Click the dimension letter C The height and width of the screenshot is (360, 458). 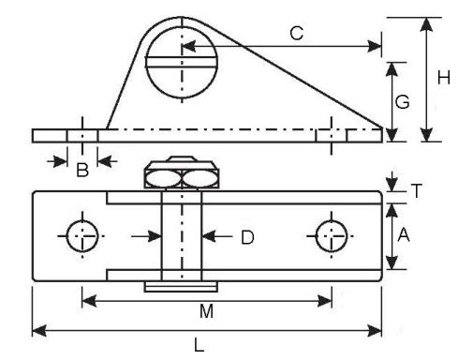(x=296, y=34)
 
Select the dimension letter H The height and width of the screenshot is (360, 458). (x=444, y=78)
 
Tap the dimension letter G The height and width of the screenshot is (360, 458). (x=402, y=102)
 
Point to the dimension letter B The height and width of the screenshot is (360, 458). (x=82, y=171)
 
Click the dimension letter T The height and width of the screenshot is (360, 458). (x=417, y=190)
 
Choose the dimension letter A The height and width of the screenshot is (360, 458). (x=404, y=235)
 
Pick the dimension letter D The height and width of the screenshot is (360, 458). (x=247, y=237)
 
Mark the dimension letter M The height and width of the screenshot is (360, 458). (x=206, y=311)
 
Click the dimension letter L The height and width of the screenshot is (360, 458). (x=199, y=346)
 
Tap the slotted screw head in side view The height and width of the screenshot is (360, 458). (x=182, y=63)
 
